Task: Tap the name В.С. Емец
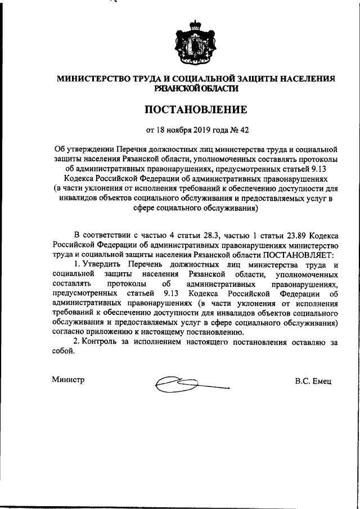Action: (313, 381)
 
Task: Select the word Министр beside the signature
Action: (68, 380)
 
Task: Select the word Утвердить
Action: (104, 264)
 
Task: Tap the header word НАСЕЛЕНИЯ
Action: (304, 79)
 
